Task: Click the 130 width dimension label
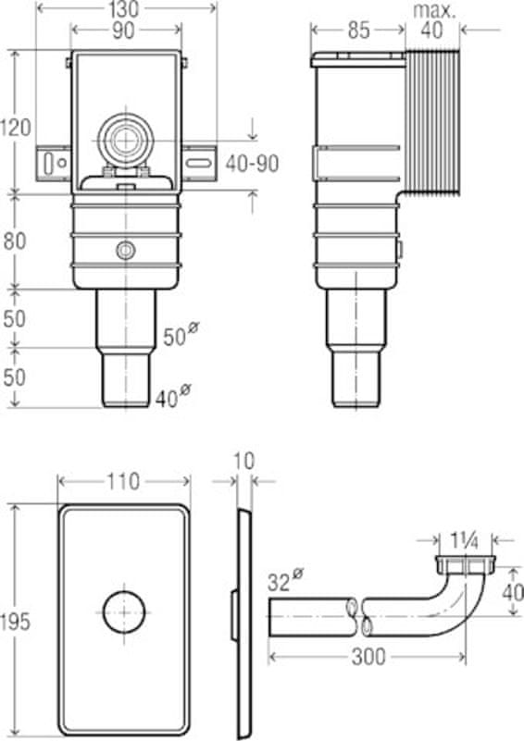pyautogui.click(x=125, y=9)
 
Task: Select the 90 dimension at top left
pyautogui.click(x=124, y=31)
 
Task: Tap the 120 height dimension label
pyautogui.click(x=16, y=128)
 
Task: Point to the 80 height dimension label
pyautogui.click(x=15, y=241)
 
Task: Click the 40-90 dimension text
pyautogui.click(x=253, y=164)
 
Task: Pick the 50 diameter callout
pyautogui.click(x=180, y=335)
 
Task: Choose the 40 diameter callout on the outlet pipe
pyautogui.click(x=173, y=397)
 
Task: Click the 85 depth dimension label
pyautogui.click(x=358, y=31)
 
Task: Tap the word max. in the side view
pyautogui.click(x=434, y=11)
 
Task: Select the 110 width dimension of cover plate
pyautogui.click(x=123, y=482)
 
